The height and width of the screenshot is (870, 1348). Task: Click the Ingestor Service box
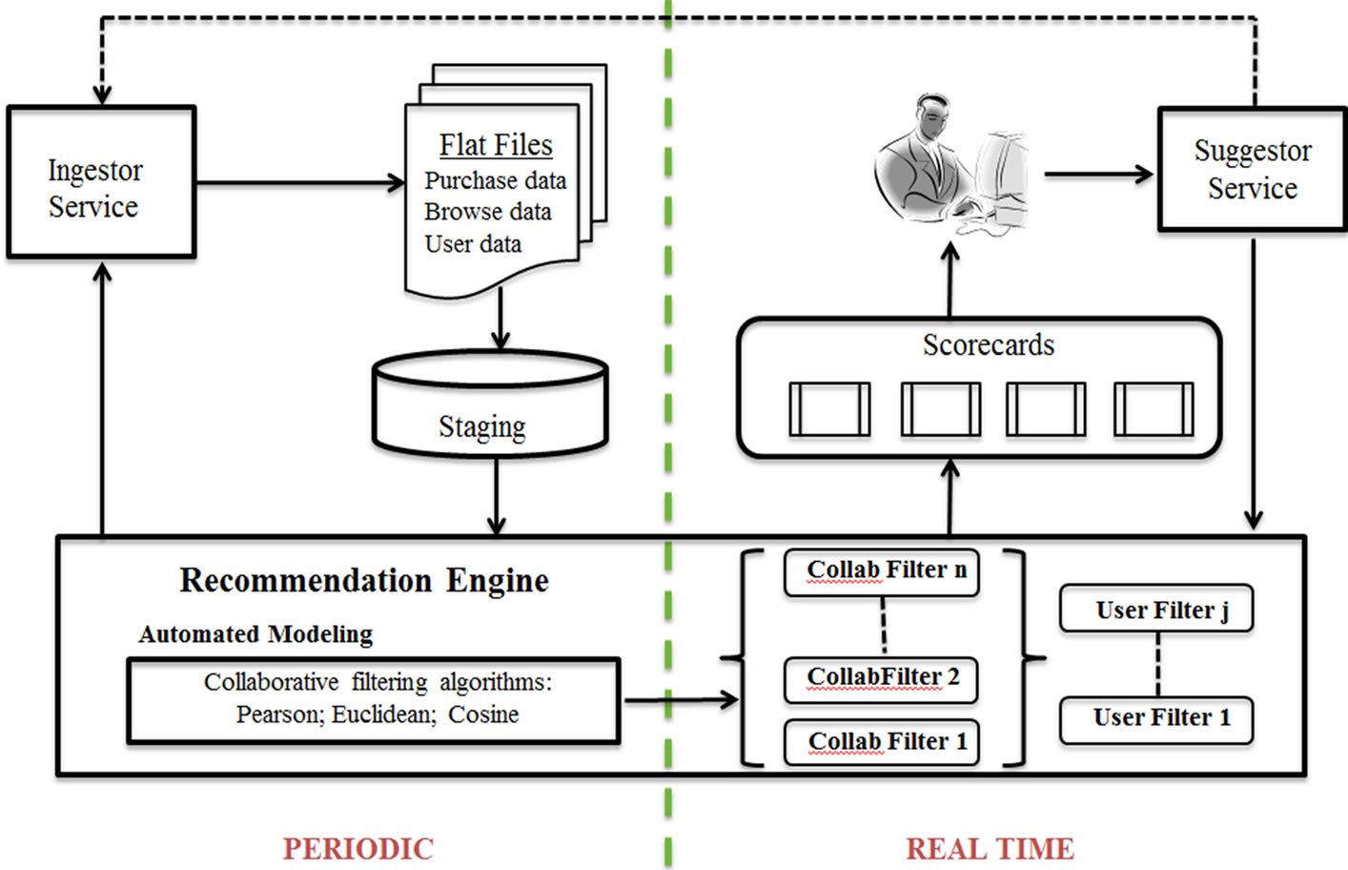coord(101,182)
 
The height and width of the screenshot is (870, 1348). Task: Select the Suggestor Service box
coord(1252,170)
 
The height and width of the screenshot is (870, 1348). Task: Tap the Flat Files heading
coord(496,145)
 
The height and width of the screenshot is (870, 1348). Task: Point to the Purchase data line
coord(495,180)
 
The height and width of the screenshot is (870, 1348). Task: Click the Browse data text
coord(487,212)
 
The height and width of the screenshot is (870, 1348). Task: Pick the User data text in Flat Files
coord(473,244)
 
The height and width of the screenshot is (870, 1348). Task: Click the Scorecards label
coord(988,345)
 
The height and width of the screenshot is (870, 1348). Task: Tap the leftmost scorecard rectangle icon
coord(829,409)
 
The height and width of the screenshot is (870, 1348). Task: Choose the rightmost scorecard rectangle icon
coord(1154,409)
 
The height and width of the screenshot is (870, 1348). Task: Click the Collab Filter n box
coord(882,571)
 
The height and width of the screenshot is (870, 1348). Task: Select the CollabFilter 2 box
coord(882,678)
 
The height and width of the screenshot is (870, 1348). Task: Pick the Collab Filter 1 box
coord(882,742)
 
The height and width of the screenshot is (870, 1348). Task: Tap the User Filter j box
coord(1156,610)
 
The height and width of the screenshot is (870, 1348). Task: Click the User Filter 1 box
coord(1156,718)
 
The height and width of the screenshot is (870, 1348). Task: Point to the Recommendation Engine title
coord(364,580)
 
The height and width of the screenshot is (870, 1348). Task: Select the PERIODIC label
coord(357,848)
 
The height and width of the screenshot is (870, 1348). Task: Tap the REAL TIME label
coord(990,848)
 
